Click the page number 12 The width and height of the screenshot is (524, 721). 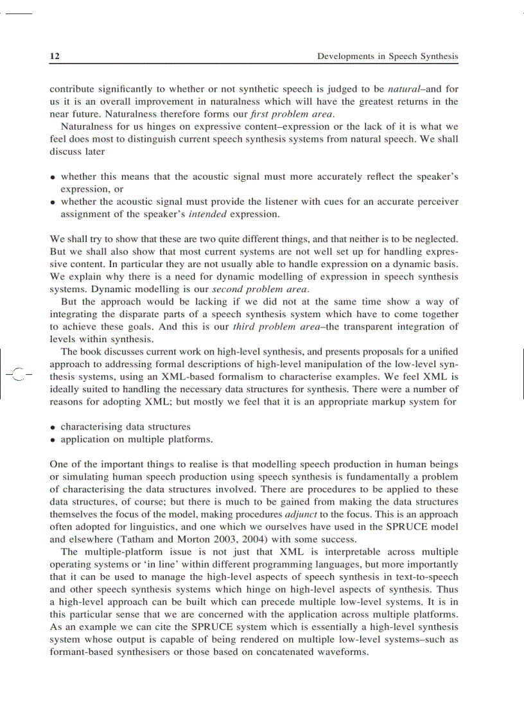pos(55,56)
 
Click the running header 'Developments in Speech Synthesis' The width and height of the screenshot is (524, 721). pos(388,56)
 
